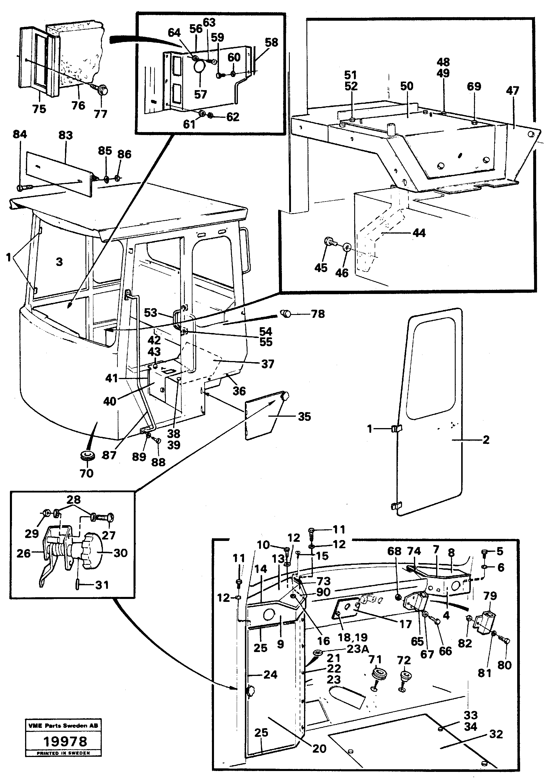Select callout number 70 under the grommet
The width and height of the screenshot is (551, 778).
coord(86,473)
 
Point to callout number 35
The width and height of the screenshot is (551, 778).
coord(304,417)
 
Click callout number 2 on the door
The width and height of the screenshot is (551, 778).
coord(486,440)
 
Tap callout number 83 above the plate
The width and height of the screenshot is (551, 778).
coord(66,135)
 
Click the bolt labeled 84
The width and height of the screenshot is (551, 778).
coord(24,187)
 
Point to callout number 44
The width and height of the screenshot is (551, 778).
coord(419,233)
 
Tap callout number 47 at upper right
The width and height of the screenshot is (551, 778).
coord(512,91)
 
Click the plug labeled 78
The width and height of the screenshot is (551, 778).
coord(285,314)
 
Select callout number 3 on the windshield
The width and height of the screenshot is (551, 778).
coord(59,262)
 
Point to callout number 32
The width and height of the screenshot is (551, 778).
coord(496,734)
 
